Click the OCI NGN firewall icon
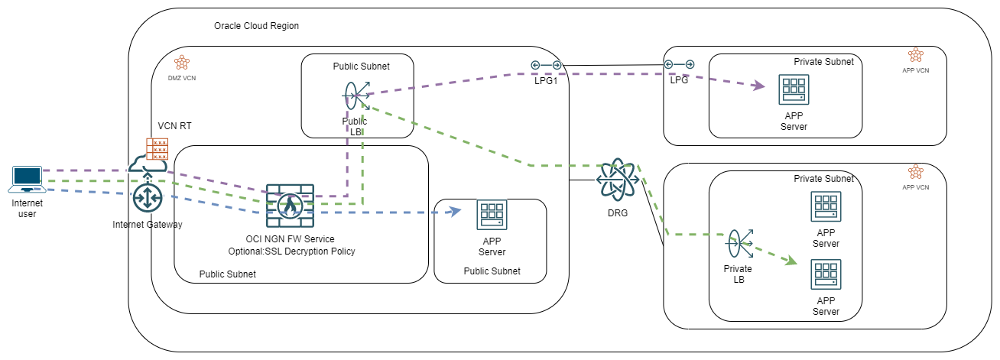[290, 205]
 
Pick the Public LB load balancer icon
[354, 96]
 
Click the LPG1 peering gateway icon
[547, 65]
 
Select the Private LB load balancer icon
[738, 245]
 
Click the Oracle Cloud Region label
[256, 26]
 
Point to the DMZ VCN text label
[181, 78]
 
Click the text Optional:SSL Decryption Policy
[291, 251]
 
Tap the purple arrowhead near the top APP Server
[758, 86]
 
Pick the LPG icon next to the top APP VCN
[678, 65]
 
